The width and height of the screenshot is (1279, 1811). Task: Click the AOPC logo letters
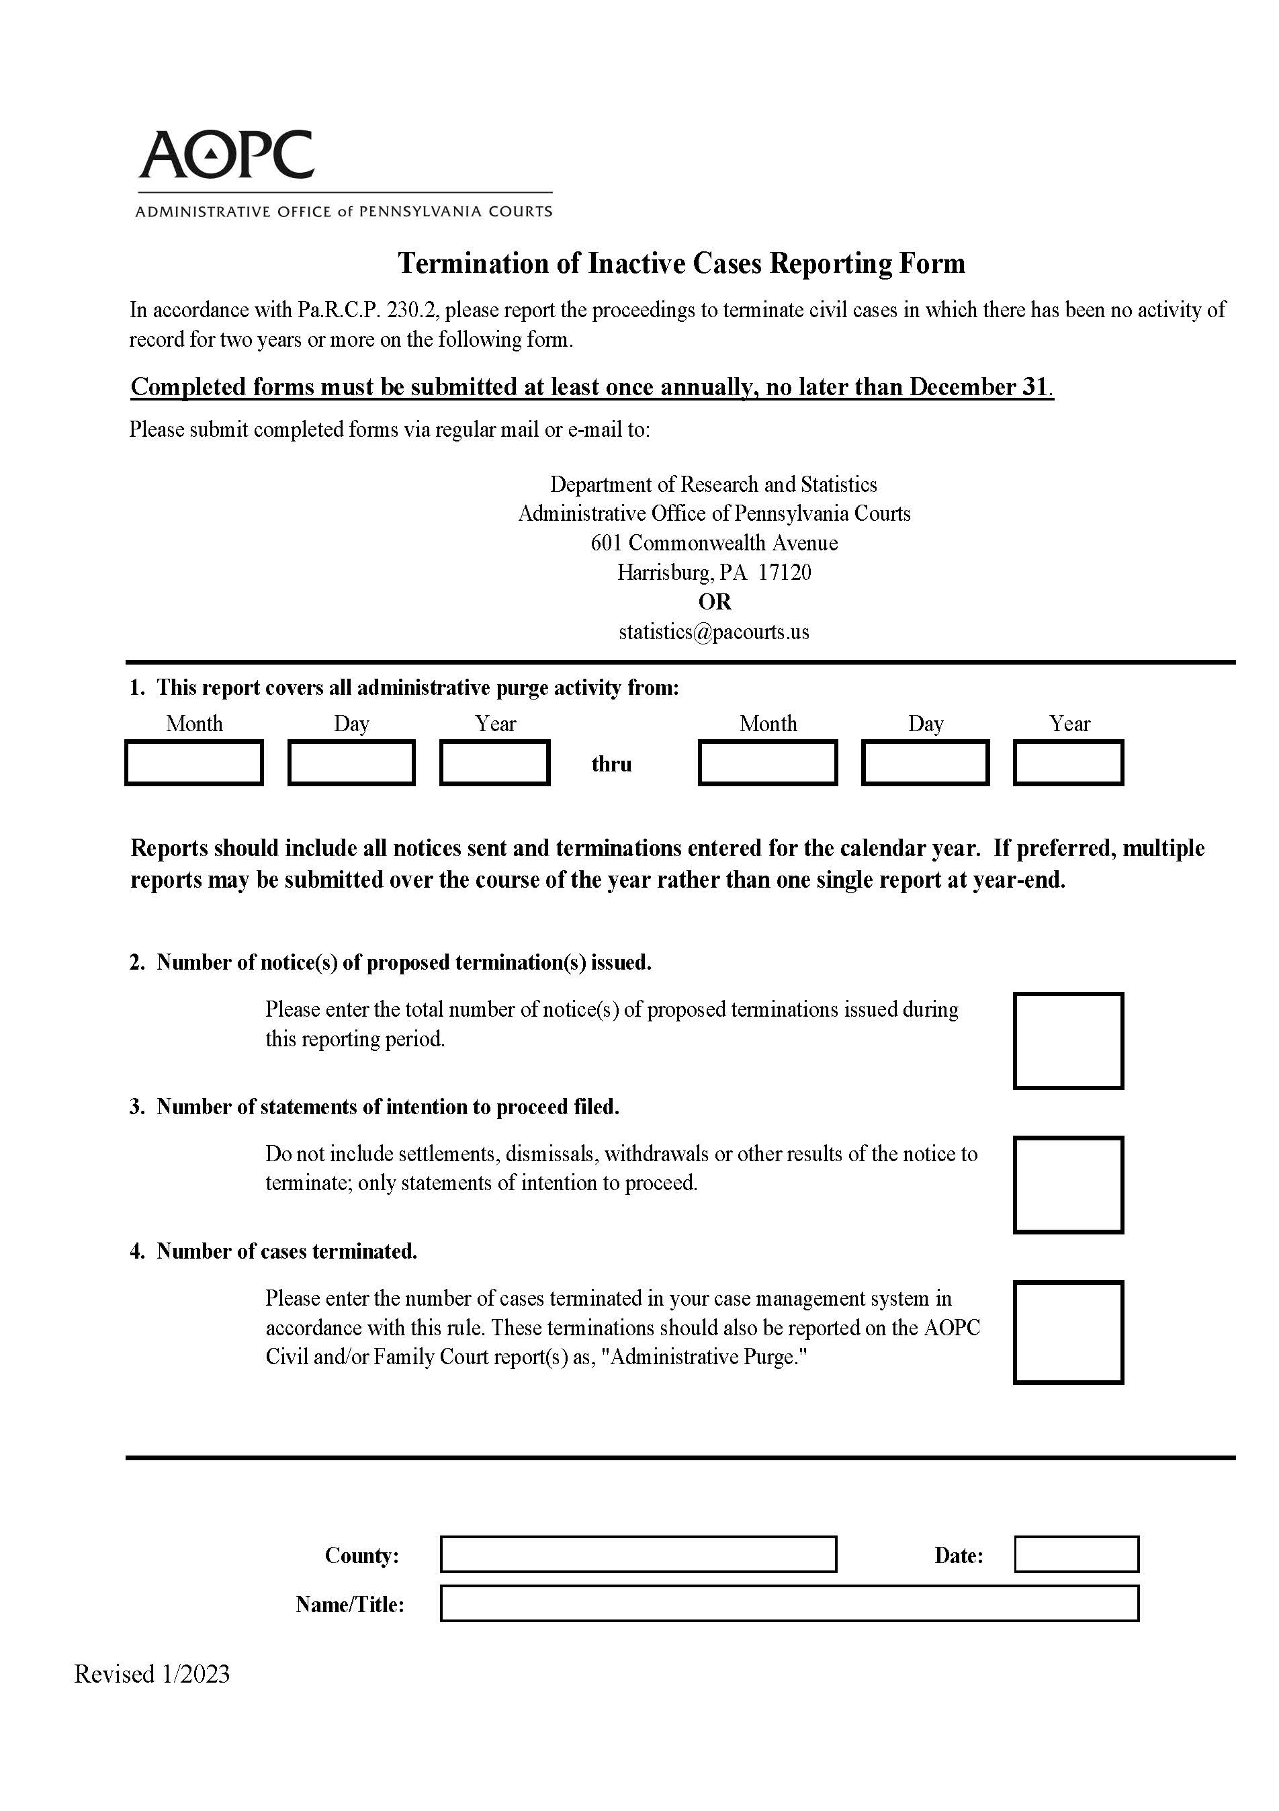226,155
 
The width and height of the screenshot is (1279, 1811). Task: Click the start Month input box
194,763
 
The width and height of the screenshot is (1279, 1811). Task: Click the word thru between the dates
611,764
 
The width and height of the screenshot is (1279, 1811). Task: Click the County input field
638,1555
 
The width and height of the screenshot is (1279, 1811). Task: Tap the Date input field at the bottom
1075,1555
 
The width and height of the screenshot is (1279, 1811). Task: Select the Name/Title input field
789,1603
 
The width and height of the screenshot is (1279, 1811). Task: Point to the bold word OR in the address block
715,602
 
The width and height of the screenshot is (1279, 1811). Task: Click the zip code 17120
785,573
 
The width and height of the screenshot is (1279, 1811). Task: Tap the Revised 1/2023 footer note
152,1674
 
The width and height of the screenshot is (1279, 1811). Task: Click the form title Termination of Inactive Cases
681,263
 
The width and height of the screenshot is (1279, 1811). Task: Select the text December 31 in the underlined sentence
978,387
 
